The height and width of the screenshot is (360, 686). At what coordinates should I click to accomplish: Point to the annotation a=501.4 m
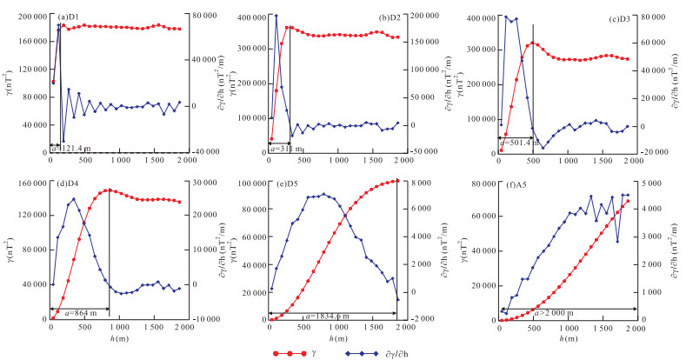(x=519, y=141)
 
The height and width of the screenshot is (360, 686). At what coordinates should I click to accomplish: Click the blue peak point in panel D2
(x=276, y=16)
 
